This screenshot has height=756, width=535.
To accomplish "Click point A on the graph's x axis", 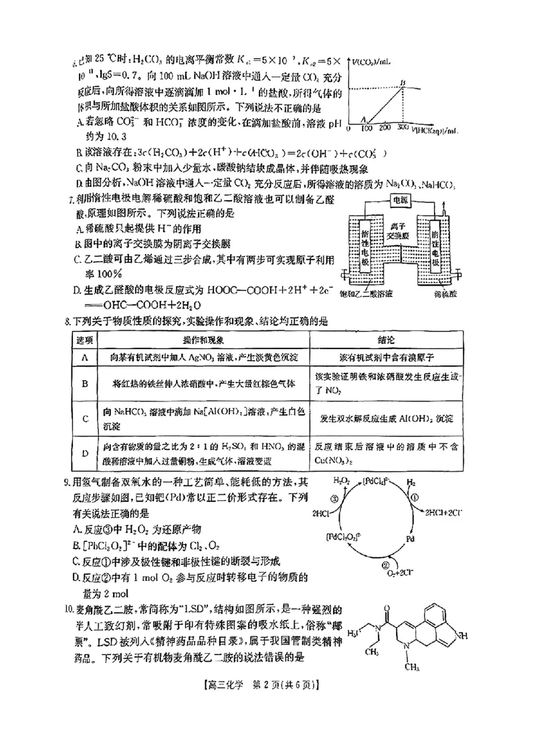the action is pyautogui.click(x=364, y=118).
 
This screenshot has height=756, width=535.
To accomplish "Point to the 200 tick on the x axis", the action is pyautogui.click(x=384, y=126).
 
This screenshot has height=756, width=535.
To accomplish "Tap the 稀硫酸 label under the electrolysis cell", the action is pyautogui.click(x=445, y=294).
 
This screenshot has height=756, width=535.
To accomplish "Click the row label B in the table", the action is pyautogui.click(x=85, y=383).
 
